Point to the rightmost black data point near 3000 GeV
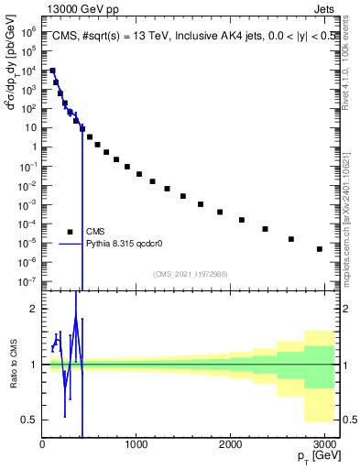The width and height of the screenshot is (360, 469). tap(319, 249)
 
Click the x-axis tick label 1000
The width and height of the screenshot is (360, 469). tap(136, 444)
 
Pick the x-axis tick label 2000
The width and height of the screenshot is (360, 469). tap(231, 444)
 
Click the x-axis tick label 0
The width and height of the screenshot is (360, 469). tap(42, 444)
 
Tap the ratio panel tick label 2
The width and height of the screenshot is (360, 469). tap(33, 310)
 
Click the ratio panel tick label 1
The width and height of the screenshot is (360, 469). tap(33, 365)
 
